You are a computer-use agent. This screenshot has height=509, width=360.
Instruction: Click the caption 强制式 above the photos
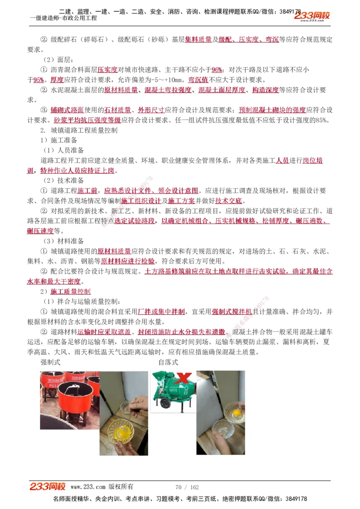pyautogui.click(x=50, y=362)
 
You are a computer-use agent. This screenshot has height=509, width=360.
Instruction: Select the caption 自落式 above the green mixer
pyautogui.click(x=168, y=362)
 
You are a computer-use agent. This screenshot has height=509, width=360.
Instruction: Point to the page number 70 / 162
pyautogui.click(x=187, y=487)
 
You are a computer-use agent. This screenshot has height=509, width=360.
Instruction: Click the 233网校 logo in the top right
pyautogui.click(x=312, y=17)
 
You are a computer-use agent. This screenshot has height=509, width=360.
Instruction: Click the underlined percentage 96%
pyautogui.click(x=217, y=70)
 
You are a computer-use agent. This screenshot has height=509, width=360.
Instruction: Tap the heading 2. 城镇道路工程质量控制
pyautogui.click(x=79, y=130)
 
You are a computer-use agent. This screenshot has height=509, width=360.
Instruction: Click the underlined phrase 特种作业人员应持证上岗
pyautogui.click(x=78, y=170)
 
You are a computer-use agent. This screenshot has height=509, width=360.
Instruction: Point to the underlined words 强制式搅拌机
pyautogui.click(x=231, y=311)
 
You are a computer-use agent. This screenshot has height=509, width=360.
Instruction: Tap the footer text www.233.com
pyautogui.click(x=88, y=487)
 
